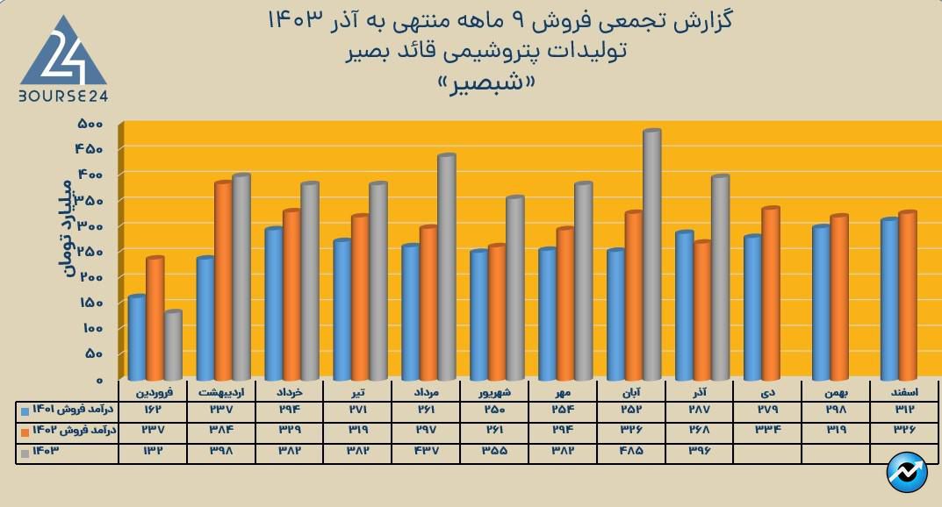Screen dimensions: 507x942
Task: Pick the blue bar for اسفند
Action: pos(888,298)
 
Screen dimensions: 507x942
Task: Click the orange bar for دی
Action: pos(771,293)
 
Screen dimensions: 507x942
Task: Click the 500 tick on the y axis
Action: pos(90,123)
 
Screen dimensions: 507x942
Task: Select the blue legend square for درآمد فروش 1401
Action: pos(25,410)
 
